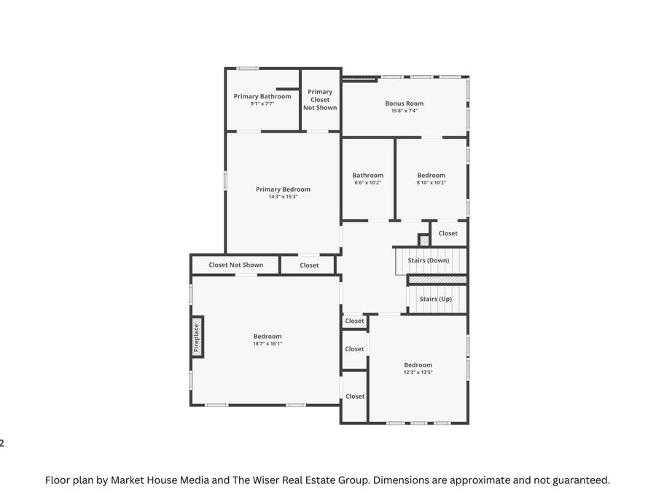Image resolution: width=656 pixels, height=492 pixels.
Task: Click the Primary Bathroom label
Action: point(262,96)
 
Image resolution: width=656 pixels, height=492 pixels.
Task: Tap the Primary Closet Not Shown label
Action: point(320,100)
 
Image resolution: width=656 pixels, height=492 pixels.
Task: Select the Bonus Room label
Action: point(404,104)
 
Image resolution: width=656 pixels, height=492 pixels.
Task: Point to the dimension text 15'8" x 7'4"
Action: point(404,111)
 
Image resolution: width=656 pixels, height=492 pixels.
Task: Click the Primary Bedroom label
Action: point(283,190)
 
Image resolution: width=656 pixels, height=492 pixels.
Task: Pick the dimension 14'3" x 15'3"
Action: point(283,197)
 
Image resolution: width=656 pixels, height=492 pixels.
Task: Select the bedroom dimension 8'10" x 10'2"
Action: point(431,183)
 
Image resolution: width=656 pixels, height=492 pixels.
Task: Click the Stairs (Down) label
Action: point(428,260)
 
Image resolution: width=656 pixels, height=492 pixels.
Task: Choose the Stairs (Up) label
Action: point(435,299)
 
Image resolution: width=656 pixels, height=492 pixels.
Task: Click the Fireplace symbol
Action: point(197,336)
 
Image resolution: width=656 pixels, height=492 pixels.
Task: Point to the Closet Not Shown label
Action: point(235,265)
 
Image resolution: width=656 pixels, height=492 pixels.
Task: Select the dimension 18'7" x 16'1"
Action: point(267,344)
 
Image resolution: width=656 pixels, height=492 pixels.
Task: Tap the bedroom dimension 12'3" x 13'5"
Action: point(418,372)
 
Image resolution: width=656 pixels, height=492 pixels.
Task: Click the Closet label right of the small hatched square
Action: point(448,233)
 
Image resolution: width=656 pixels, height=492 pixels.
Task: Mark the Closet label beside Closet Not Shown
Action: point(309,265)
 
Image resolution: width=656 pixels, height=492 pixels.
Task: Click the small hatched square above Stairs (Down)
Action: point(424,240)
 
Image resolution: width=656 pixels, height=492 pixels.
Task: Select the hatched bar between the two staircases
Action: point(437,279)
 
